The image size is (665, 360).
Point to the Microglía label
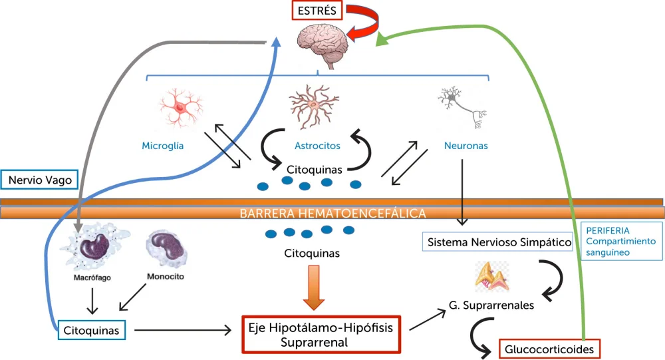point(162,146)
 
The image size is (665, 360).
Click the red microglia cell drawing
point(181,107)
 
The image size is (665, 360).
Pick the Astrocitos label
point(317,146)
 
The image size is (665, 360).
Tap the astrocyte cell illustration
point(315,105)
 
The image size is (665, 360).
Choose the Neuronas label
point(465,146)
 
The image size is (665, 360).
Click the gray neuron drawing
point(463,106)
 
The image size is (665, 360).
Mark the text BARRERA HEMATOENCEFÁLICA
point(332,213)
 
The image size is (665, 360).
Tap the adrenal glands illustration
point(492,276)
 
